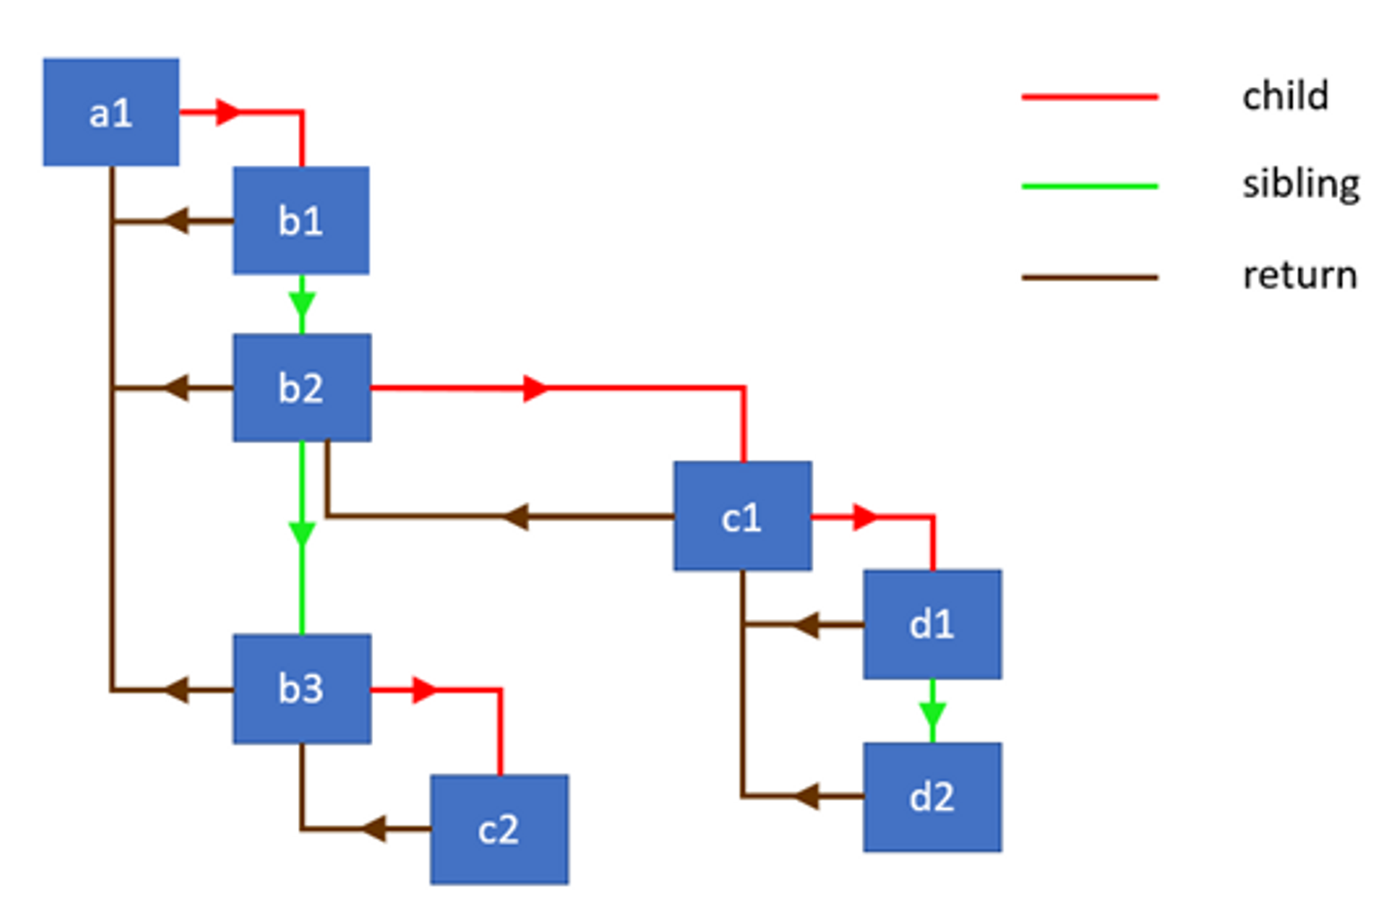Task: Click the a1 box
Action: [x=111, y=112]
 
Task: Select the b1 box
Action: [x=301, y=220]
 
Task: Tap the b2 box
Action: [x=301, y=387]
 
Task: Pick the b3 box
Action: [x=301, y=688]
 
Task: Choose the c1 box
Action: [x=743, y=515]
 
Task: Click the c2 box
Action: [x=499, y=829]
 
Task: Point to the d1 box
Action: [x=932, y=623]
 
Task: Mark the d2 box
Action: [x=932, y=797]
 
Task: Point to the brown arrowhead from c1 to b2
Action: [x=515, y=516]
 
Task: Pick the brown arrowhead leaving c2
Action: [x=374, y=829]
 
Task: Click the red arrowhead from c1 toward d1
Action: [x=865, y=517]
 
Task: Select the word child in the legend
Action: [x=1284, y=96]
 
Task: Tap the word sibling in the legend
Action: [x=1300, y=183]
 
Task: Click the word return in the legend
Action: [x=1299, y=276]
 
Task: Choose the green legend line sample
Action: [x=1089, y=185]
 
